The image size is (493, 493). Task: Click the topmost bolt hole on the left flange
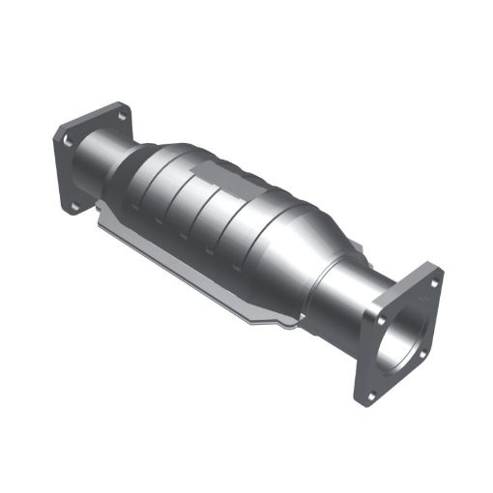coord(120,115)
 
